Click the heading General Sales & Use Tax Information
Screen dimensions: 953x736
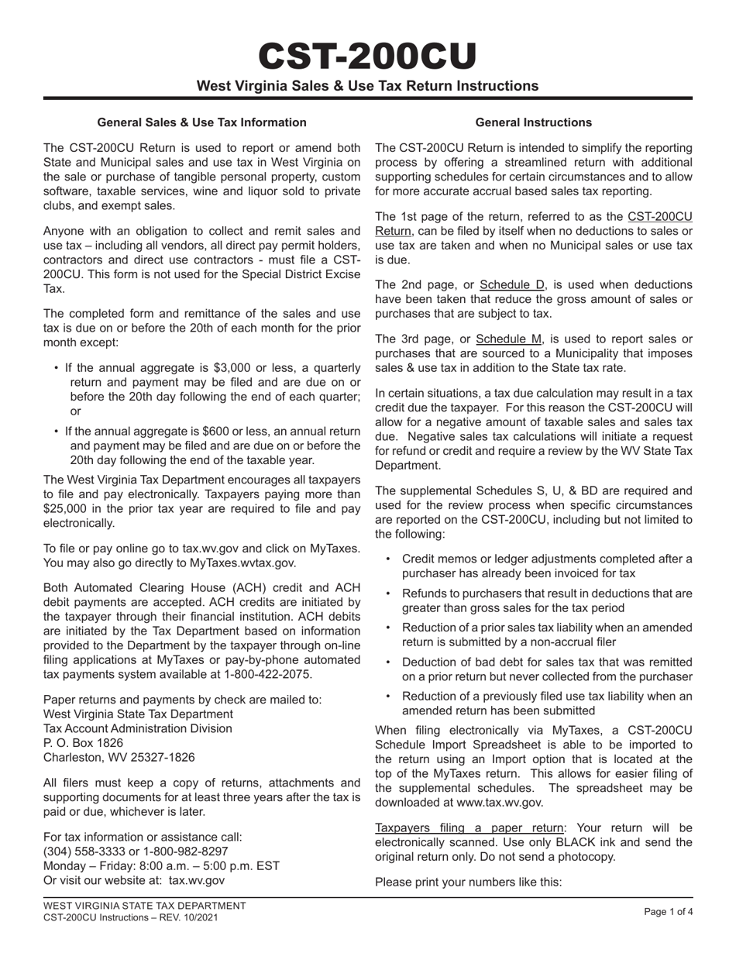pyautogui.click(x=201, y=122)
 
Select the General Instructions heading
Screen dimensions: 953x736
pyautogui.click(x=533, y=122)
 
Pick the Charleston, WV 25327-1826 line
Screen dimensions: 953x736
pyautogui.click(x=119, y=757)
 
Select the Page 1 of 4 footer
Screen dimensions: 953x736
pyautogui.click(x=668, y=912)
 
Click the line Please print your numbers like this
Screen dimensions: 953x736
pyautogui.click(x=468, y=882)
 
